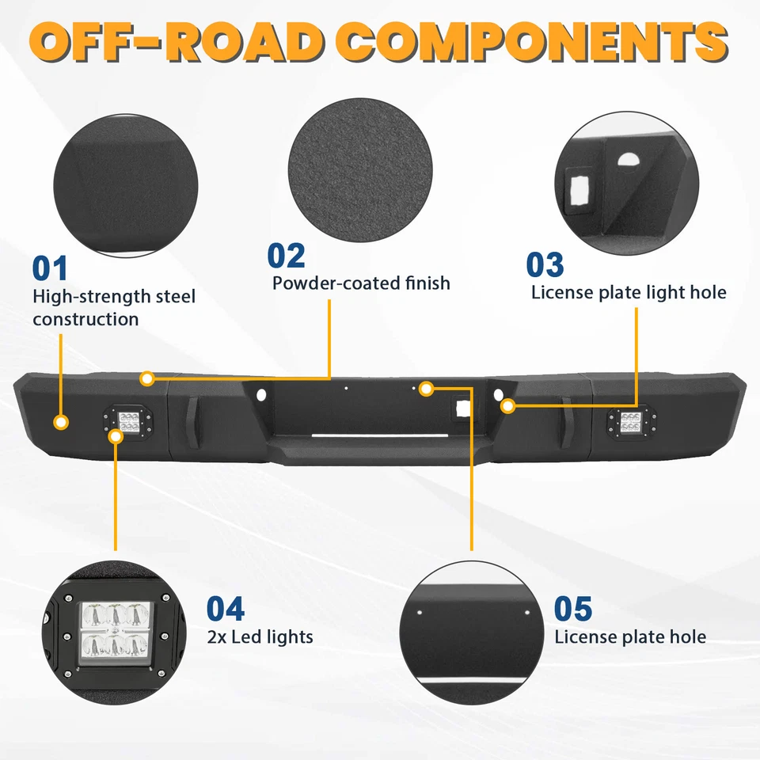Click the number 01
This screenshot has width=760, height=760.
click(x=50, y=268)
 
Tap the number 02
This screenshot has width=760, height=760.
click(x=286, y=256)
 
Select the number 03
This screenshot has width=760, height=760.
click(x=545, y=265)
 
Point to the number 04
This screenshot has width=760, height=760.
click(x=226, y=609)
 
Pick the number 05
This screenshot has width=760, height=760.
click(x=573, y=609)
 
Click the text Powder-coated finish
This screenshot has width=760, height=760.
click(x=361, y=283)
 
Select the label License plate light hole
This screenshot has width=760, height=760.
click(x=629, y=292)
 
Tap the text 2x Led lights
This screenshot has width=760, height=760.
click(x=260, y=636)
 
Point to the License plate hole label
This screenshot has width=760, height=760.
click(x=630, y=636)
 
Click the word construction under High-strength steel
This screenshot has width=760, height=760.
click(x=85, y=319)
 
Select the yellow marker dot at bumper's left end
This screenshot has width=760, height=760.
click(x=61, y=422)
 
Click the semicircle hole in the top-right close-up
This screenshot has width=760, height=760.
click(x=627, y=160)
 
